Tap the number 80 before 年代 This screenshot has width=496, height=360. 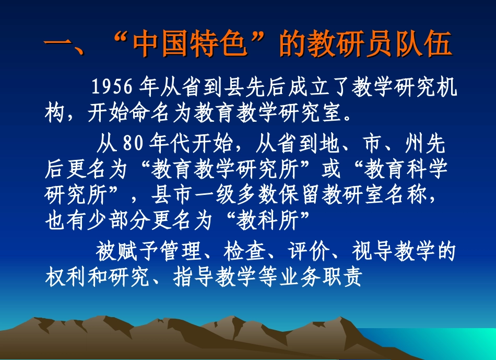point(134,143)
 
